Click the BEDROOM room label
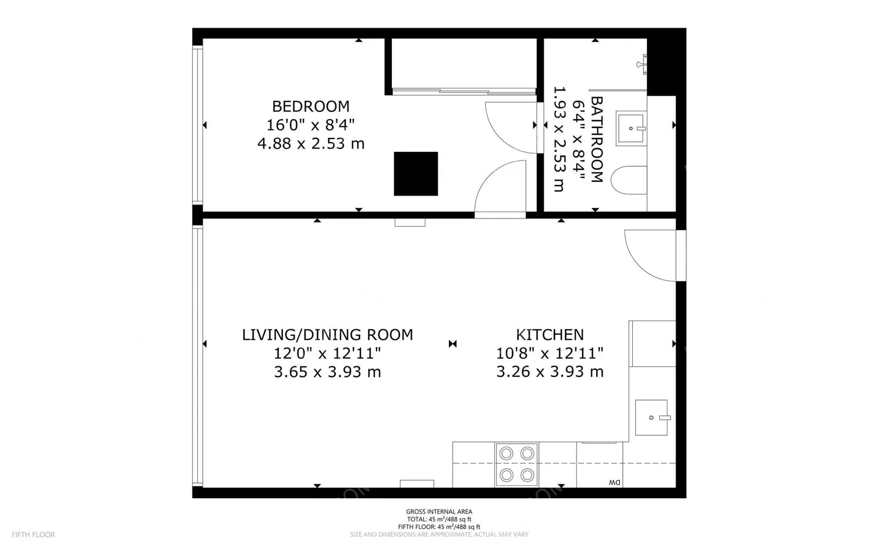[x=310, y=107]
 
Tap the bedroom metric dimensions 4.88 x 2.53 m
[x=311, y=144]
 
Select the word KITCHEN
[x=550, y=335]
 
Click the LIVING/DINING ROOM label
[x=328, y=335]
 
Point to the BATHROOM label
[x=596, y=139]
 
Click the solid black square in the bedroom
[x=416, y=173]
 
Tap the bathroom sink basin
[x=631, y=128]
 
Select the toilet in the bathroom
[x=629, y=180]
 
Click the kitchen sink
[x=652, y=418]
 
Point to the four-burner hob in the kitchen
[x=517, y=465]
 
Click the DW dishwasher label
[x=615, y=482]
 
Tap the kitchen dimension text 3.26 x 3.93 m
[x=550, y=372]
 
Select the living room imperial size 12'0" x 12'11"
[x=328, y=353]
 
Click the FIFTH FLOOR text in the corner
[x=34, y=534]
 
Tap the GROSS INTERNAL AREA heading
[x=439, y=511]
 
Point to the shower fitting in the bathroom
[x=642, y=64]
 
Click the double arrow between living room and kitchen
[x=452, y=344]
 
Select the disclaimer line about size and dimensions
[x=439, y=534]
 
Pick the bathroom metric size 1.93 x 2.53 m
[x=559, y=139]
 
